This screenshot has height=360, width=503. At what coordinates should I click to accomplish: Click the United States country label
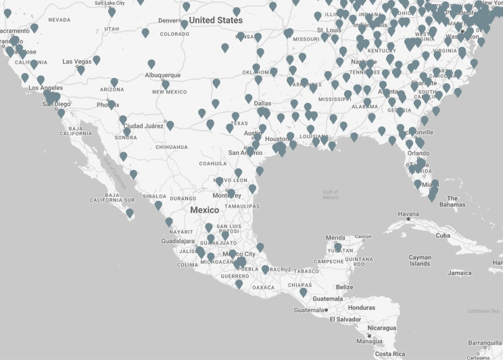[216, 20]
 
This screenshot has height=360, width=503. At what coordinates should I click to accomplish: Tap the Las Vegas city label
[76, 62]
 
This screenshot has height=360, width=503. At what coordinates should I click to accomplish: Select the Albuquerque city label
[163, 75]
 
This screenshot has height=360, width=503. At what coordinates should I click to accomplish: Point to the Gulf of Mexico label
[331, 194]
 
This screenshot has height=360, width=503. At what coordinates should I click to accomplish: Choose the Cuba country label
[443, 235]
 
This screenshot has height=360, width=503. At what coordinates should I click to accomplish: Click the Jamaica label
[460, 273]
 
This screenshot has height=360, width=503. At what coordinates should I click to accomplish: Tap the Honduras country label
[362, 308]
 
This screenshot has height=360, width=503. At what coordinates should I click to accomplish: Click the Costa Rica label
[390, 355]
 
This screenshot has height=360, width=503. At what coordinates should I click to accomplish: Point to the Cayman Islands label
[420, 261]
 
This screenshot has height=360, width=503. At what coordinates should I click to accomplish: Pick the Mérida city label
[335, 238]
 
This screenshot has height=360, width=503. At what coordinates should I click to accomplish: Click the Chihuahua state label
[171, 147]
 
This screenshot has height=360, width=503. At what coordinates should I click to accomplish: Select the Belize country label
[344, 287]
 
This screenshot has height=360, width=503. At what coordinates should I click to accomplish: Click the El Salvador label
[334, 319]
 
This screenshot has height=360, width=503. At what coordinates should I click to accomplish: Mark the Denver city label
[169, 20]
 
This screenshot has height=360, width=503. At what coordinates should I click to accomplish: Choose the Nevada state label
[59, 20]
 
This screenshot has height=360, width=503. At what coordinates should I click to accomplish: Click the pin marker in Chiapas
[303, 293]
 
